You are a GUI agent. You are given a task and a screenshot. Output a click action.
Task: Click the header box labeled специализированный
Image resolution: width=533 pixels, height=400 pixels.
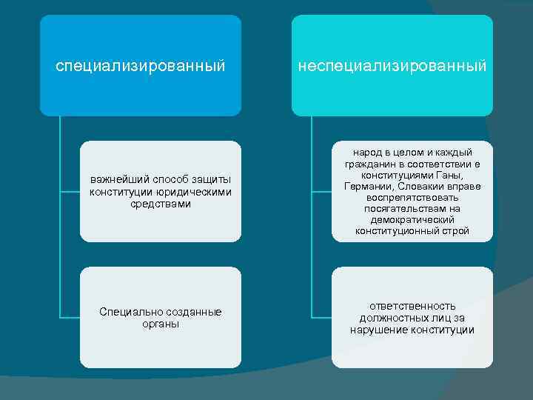[141, 66]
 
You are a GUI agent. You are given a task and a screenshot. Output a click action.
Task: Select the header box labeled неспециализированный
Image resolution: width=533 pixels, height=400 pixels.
[392, 66]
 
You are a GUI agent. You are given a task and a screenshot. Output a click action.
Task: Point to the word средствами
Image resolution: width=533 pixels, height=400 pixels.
[161, 204]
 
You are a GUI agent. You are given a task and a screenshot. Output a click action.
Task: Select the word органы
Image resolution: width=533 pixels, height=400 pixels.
[161, 324]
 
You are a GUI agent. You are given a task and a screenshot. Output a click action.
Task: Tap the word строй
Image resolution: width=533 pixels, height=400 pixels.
[455, 231]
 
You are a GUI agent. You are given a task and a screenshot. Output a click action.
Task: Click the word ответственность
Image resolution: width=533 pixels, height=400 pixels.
[412, 306]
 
